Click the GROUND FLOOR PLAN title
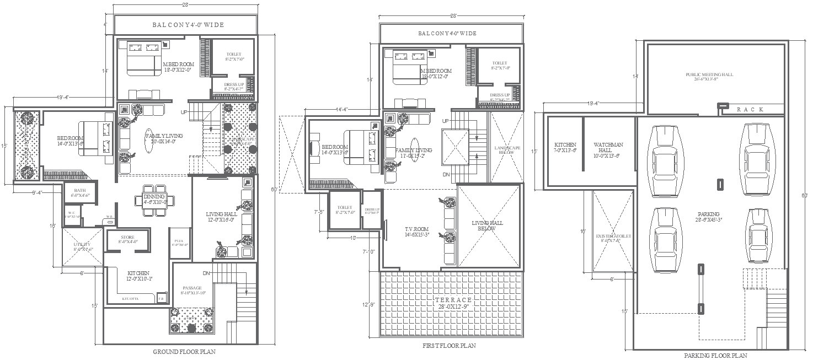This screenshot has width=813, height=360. coord(184,351)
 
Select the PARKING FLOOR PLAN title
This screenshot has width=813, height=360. coord(715,356)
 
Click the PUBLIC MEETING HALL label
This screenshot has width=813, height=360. coord(709,77)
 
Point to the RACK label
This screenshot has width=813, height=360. coord(750,110)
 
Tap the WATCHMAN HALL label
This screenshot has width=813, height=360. coord(608,148)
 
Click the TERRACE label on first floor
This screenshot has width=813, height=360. coord(450,302)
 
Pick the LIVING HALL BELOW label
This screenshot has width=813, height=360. coord(488,226)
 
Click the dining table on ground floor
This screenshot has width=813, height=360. coord(155,200)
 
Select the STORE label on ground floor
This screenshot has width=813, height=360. coord(127,239)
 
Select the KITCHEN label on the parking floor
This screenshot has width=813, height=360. coord(565,148)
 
